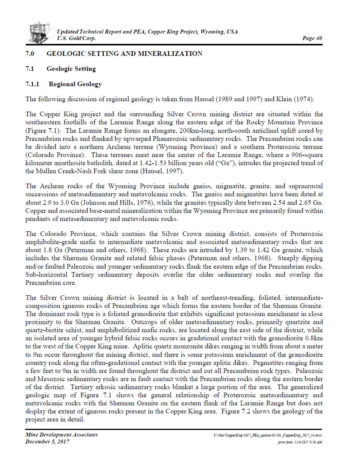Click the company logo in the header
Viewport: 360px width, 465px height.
[x=39, y=32]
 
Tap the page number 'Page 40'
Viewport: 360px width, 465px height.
[x=312, y=38]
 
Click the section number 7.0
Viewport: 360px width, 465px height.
[x=30, y=54]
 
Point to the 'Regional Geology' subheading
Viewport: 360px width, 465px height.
[x=75, y=84]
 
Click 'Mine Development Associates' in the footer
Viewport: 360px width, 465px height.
[x=62, y=435]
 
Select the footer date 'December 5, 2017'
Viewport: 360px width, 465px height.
[x=47, y=442]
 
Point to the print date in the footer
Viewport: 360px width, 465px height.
[x=300, y=442]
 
